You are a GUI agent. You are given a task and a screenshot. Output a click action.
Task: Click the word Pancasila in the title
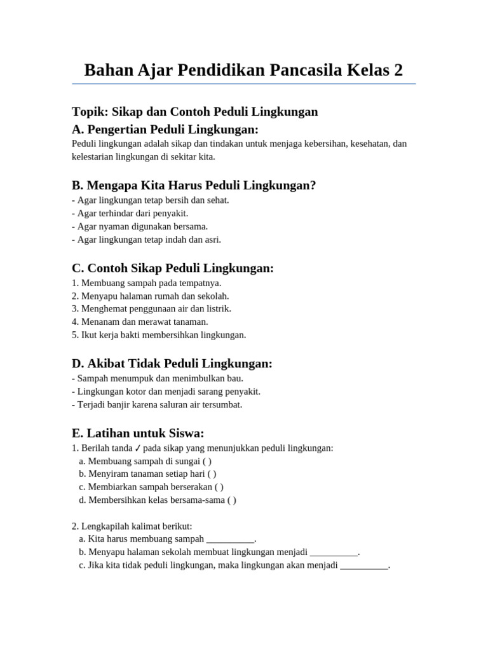(x=306, y=69)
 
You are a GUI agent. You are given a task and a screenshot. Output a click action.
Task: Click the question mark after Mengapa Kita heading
(x=312, y=185)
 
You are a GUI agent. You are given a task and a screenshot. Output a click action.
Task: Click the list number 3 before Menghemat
(x=75, y=308)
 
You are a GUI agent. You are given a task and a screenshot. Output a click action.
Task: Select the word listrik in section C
(x=217, y=308)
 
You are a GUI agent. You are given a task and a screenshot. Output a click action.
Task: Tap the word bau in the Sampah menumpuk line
(x=235, y=378)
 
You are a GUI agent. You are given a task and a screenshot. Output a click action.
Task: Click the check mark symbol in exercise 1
(x=138, y=448)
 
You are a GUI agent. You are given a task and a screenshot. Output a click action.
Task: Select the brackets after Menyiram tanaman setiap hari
(x=212, y=474)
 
